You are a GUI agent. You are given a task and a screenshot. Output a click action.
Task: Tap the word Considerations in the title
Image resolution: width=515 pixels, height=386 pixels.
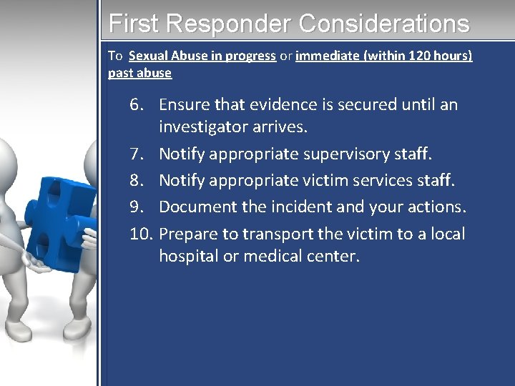click(384, 24)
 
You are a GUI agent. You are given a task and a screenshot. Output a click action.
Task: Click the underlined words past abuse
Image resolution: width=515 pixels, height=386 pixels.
click(139, 73)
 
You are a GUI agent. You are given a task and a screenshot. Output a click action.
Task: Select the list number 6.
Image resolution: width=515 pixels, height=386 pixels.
click(138, 104)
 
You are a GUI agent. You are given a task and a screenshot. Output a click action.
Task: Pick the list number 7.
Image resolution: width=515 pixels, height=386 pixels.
click(138, 154)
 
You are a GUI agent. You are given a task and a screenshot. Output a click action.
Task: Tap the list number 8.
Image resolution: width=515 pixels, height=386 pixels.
click(138, 179)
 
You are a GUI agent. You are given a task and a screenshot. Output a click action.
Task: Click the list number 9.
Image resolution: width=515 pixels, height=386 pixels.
click(138, 207)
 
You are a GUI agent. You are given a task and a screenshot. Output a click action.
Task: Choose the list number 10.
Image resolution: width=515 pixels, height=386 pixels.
click(141, 234)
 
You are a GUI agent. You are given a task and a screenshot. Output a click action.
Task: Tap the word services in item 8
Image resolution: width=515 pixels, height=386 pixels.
click(383, 179)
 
